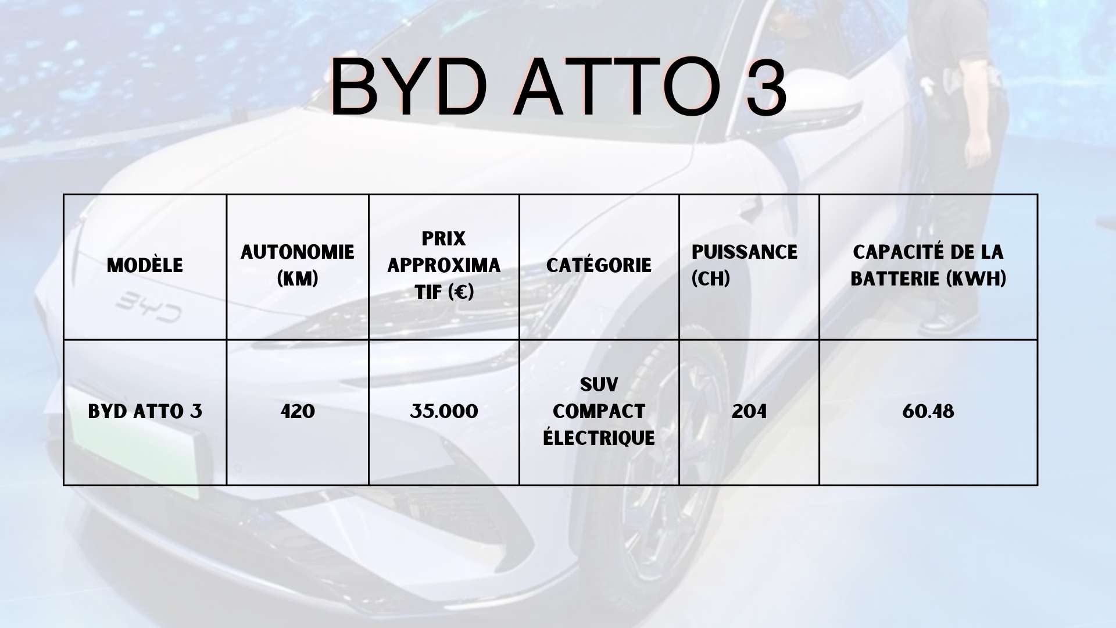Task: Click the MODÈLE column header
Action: tap(145, 265)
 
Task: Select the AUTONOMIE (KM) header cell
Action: tap(298, 265)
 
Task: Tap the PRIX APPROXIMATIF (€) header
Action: tap(444, 265)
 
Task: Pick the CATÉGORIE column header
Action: tap(599, 265)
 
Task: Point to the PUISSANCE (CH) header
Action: tap(745, 265)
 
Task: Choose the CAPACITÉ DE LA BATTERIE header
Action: tap(928, 265)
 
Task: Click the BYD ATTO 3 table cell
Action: tap(145, 412)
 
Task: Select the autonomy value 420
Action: tap(298, 412)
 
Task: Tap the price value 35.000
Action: tap(444, 412)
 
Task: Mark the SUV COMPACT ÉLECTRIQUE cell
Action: tap(599, 411)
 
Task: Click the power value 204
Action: tap(749, 412)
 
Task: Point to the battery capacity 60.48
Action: tap(928, 412)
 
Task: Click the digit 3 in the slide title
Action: tap(766, 87)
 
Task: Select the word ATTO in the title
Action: tap(617, 87)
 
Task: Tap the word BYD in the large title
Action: tap(409, 87)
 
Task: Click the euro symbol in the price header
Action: tap(462, 292)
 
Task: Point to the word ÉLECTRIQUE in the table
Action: tap(599, 437)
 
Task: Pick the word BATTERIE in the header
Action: tap(895, 279)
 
